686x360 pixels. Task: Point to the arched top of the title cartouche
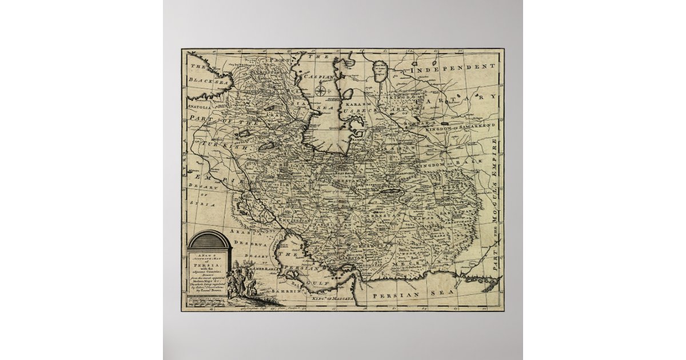tap(210, 238)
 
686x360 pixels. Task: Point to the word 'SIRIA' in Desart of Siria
tap(206, 203)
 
